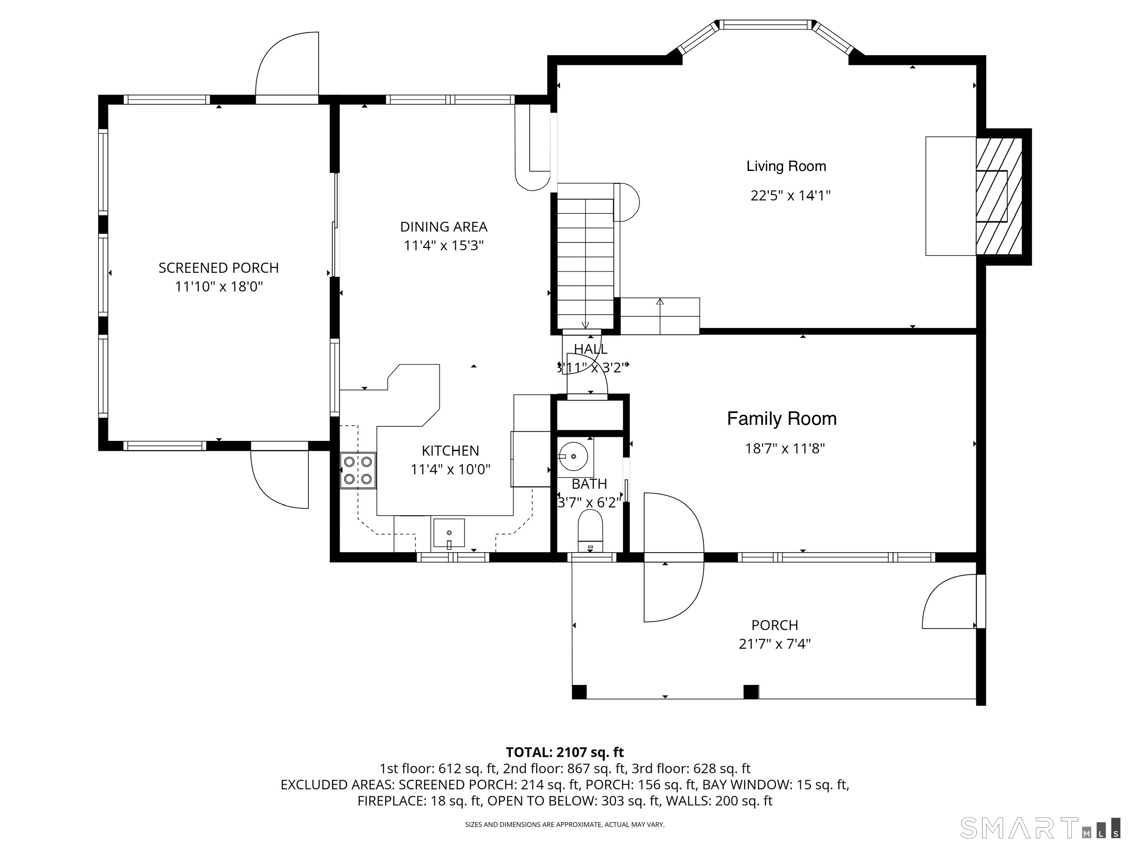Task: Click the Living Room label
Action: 786,166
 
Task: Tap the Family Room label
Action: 782,419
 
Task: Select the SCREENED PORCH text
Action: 218,268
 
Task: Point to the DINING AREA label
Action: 443,226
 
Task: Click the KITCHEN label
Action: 450,451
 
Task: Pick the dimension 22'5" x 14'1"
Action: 790,196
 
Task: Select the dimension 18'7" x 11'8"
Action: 785,448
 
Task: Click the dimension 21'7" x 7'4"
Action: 774,643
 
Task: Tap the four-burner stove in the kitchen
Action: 358,471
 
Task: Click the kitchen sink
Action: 449,533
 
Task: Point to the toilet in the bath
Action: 590,532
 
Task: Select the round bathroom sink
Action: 573,456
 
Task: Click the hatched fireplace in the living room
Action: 999,196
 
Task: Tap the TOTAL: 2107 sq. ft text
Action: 565,752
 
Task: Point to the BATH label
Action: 590,484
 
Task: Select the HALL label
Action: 590,349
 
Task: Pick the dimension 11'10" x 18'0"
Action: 218,286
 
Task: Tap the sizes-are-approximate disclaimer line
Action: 565,825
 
